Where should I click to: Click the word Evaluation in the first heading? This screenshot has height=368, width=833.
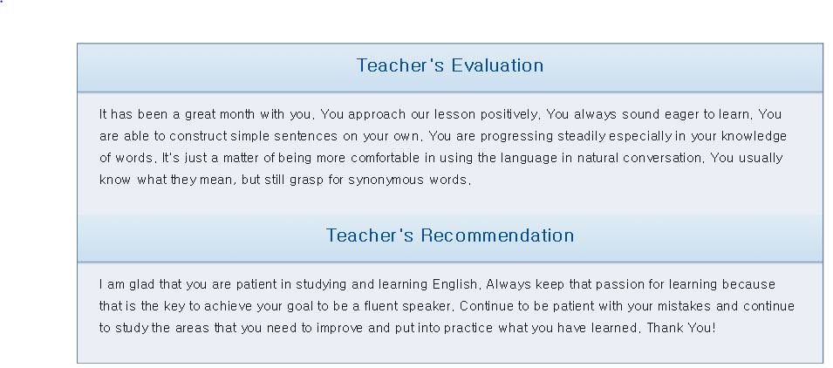pyautogui.click(x=497, y=65)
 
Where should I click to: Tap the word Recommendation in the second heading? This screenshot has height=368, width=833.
pyautogui.click(x=497, y=235)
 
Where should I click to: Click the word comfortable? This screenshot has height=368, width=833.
pyautogui.click(x=387, y=158)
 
